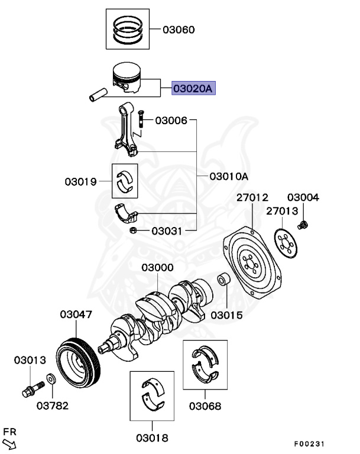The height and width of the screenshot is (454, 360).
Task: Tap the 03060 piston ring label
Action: (x=178, y=30)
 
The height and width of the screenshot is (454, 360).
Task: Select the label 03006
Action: (x=171, y=121)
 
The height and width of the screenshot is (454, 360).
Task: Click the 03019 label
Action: (x=81, y=181)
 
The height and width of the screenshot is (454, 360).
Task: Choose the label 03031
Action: (x=167, y=231)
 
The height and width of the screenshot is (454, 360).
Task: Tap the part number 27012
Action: (x=252, y=197)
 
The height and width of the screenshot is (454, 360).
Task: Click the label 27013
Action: (x=282, y=211)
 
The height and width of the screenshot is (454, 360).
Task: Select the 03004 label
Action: (x=303, y=197)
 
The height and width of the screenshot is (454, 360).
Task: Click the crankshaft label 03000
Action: (x=157, y=268)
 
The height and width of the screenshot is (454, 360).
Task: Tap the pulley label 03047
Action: (x=76, y=315)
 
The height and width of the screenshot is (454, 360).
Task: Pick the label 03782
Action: (x=52, y=406)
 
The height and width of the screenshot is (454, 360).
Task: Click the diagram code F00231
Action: (x=309, y=444)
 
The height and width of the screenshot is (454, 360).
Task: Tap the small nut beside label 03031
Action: (x=134, y=230)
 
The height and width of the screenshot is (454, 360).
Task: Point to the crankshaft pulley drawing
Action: (x=80, y=361)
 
